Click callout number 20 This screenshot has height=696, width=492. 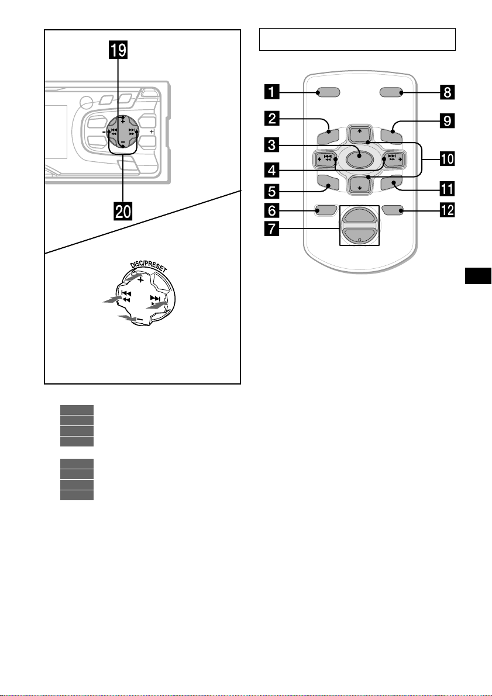(x=123, y=211)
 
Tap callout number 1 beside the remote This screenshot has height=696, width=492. (x=272, y=93)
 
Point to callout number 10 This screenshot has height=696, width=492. (x=447, y=158)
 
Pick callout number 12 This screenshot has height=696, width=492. (x=447, y=210)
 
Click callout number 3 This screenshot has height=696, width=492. (x=272, y=145)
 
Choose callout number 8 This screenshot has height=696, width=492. (x=447, y=93)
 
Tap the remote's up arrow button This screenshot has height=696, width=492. (x=359, y=132)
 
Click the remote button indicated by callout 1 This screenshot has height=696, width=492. (x=329, y=92)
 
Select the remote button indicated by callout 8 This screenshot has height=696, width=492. (x=391, y=92)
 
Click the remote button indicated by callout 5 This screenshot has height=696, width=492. (x=328, y=182)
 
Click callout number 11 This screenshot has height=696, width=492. (x=447, y=189)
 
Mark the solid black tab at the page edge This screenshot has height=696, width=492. (x=478, y=275)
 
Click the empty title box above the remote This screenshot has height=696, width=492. (x=357, y=40)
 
